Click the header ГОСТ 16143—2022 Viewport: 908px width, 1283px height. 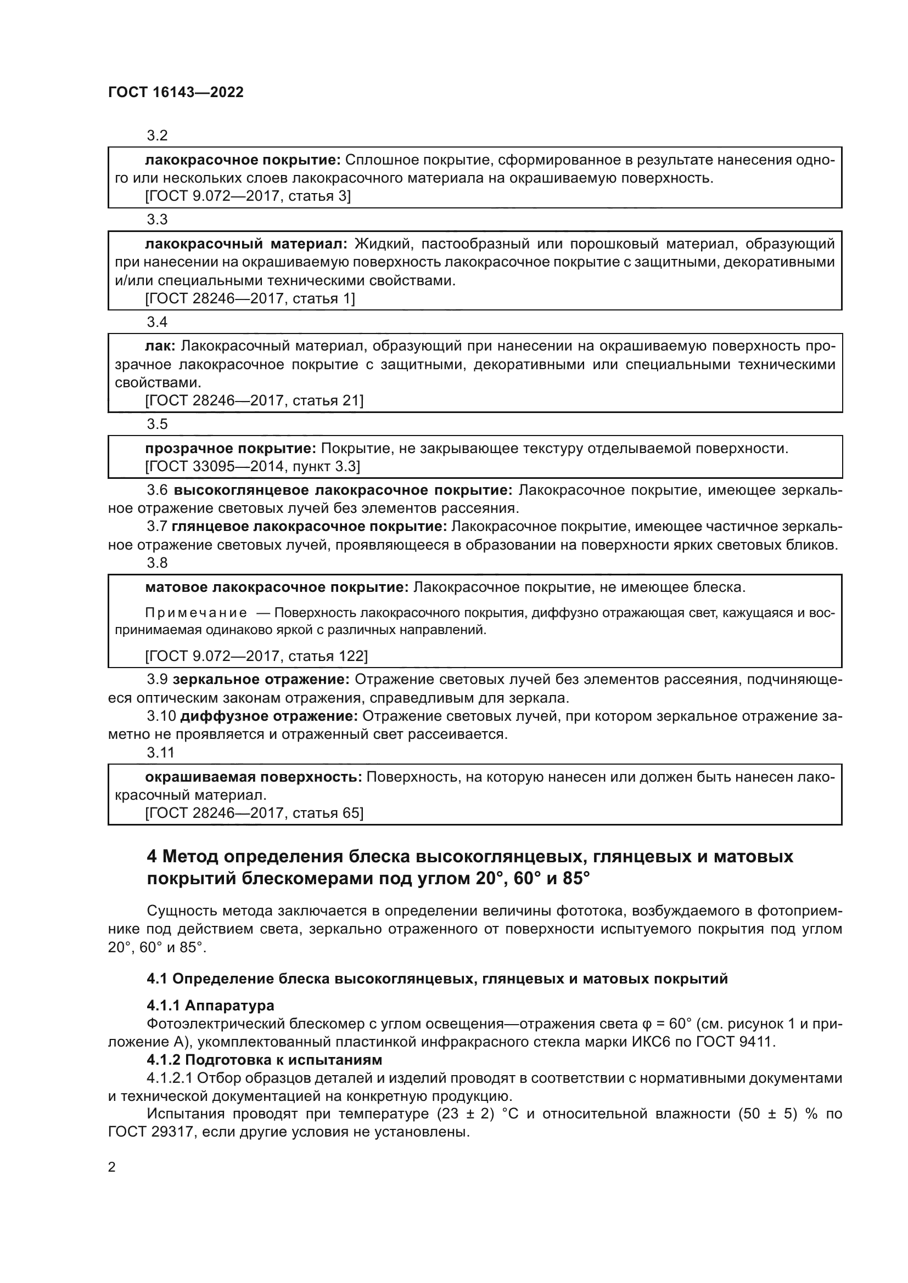[x=176, y=93]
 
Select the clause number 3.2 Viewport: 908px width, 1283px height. [x=157, y=136]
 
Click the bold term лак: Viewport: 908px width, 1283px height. [x=160, y=346]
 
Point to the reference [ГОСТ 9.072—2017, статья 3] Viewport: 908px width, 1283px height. [x=248, y=196]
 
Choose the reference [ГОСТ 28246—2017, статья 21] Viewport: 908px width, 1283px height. [x=254, y=400]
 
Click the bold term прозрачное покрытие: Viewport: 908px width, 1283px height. [x=231, y=448]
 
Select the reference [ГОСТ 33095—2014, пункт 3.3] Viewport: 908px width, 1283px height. [x=252, y=466]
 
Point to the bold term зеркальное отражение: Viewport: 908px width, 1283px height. [x=261, y=680]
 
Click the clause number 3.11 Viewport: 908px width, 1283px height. [x=160, y=753]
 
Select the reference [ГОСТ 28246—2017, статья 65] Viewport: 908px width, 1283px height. [x=254, y=813]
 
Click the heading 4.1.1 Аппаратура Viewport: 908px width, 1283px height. [x=210, y=1006]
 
